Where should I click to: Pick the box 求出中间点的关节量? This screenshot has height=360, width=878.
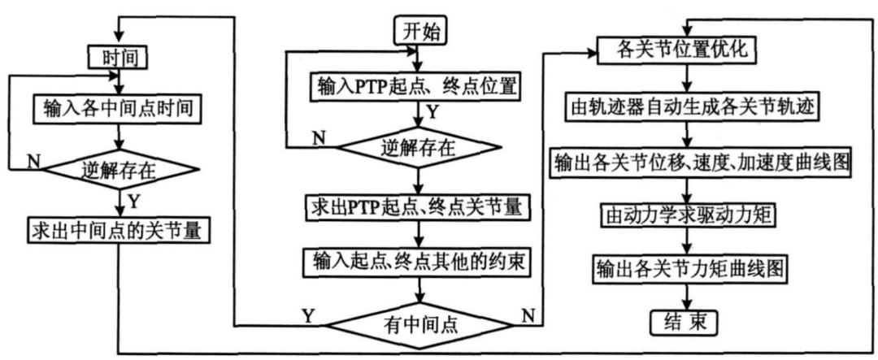(x=117, y=232)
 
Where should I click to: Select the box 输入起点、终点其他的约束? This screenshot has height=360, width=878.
(x=419, y=261)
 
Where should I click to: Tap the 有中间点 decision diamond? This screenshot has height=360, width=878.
(x=419, y=324)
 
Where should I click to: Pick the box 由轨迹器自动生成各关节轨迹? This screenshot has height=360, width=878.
(x=689, y=106)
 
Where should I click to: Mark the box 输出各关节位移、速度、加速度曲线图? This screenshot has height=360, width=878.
(x=700, y=161)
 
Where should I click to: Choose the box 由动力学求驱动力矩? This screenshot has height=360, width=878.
(x=689, y=215)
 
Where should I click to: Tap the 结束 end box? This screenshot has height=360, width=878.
(x=687, y=323)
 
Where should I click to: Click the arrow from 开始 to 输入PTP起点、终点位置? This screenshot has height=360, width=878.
(x=419, y=59)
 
